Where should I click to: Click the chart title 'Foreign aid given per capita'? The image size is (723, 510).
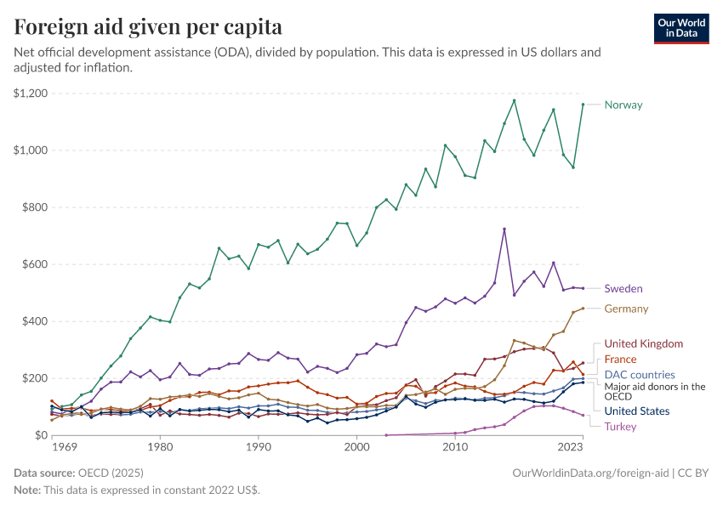[148, 26]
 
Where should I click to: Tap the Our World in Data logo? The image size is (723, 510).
[680, 28]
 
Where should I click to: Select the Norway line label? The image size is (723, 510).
[623, 105]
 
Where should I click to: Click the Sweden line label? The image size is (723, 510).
[623, 289]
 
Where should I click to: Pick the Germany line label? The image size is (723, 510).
[626, 309]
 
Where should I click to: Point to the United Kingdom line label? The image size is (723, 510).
[643, 344]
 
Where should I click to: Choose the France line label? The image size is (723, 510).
[620, 360]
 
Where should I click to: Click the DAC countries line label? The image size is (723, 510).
[640, 375]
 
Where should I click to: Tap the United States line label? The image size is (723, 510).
[637, 411]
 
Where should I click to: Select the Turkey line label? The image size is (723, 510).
[620, 427]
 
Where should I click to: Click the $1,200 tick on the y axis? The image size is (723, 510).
[31, 93]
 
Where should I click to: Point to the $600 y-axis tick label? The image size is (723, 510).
[34, 264]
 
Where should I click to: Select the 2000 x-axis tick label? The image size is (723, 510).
[356, 446]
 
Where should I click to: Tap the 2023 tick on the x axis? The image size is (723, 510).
[571, 446]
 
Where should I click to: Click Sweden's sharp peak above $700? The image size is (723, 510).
[504, 229]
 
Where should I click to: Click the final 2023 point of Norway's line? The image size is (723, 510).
[583, 105]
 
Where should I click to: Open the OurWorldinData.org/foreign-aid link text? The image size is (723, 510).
[584, 473]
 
